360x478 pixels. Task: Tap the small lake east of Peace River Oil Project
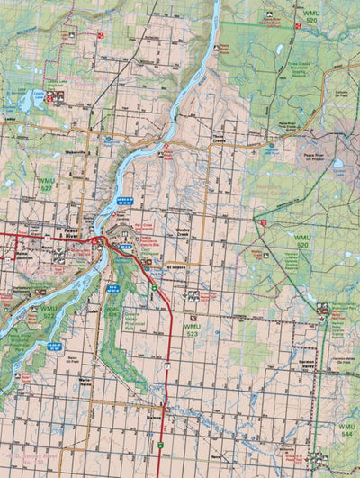(338, 164)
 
